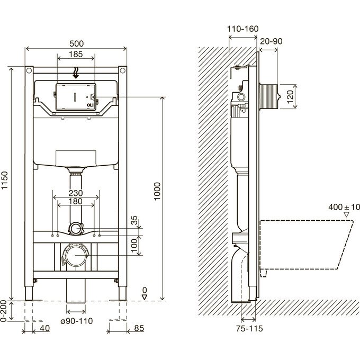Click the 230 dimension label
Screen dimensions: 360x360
(76, 193)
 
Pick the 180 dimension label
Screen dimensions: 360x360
(76, 202)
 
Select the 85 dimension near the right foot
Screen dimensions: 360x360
(139, 328)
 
